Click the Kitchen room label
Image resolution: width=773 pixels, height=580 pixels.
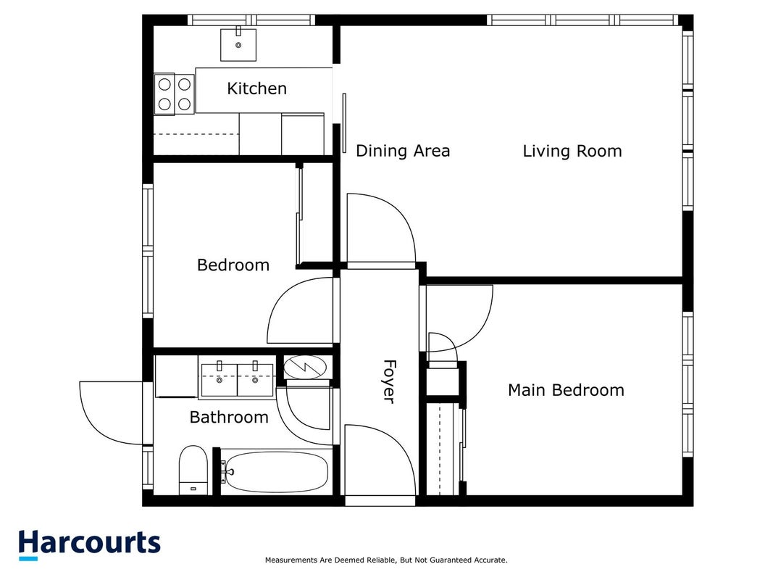257,88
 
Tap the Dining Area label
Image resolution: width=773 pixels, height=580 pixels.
403,151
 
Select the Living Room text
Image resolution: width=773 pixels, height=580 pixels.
572,151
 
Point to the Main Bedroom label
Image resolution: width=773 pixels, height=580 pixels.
566,390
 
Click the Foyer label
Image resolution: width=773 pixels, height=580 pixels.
390,382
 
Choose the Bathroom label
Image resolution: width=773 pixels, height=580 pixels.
229,418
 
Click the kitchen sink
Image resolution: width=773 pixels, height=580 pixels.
238,44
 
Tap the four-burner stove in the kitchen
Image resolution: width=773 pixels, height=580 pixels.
174,94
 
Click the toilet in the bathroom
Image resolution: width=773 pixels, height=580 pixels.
193,470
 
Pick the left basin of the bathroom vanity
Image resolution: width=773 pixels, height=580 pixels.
220,379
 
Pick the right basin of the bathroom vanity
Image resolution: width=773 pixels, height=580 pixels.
255,379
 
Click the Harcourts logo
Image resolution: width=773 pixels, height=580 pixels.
89,544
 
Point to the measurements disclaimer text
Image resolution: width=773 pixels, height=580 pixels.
386,560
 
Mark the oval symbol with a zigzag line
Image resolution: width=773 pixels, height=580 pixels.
305,368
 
